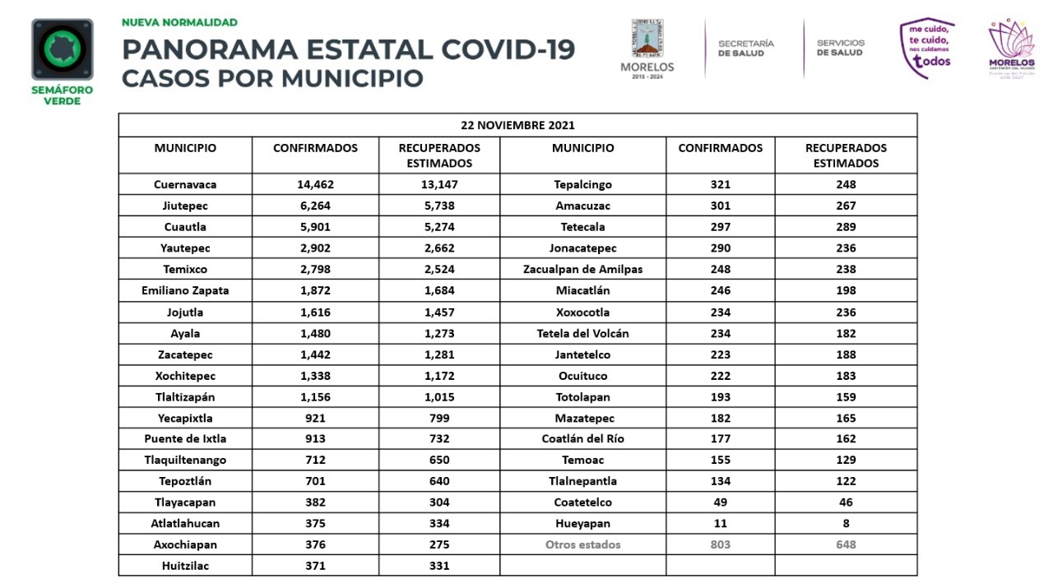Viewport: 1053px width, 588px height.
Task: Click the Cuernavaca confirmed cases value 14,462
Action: tap(315, 184)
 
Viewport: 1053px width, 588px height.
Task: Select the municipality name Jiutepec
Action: tap(185, 206)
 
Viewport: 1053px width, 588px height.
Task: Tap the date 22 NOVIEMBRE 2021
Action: tap(517, 125)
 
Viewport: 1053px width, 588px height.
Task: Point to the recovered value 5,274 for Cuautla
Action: tap(439, 227)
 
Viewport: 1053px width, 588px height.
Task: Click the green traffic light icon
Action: tap(63, 49)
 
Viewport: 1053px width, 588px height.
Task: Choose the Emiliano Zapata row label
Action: tap(185, 290)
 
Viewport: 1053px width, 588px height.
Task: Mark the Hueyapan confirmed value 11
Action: tap(720, 523)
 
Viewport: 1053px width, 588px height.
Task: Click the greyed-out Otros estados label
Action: tap(582, 544)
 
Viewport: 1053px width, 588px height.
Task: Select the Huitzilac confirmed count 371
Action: tap(315, 566)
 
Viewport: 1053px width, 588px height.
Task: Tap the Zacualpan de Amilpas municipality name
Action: tap(582, 269)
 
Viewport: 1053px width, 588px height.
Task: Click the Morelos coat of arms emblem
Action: tap(647, 39)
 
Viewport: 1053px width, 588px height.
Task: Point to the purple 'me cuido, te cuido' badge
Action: tap(927, 48)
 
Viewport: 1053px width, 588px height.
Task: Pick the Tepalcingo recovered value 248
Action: tap(846, 184)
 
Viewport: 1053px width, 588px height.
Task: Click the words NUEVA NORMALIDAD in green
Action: tap(179, 22)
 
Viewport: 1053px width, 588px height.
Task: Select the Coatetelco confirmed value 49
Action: tap(720, 502)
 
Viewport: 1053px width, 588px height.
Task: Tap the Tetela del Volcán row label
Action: tap(582, 333)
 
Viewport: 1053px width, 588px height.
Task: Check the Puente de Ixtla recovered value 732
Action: tap(439, 438)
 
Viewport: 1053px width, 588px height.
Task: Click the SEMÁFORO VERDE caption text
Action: tap(62, 95)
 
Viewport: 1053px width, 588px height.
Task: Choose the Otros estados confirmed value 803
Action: tap(720, 544)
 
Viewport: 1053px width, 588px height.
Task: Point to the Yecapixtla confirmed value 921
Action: tap(315, 418)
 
